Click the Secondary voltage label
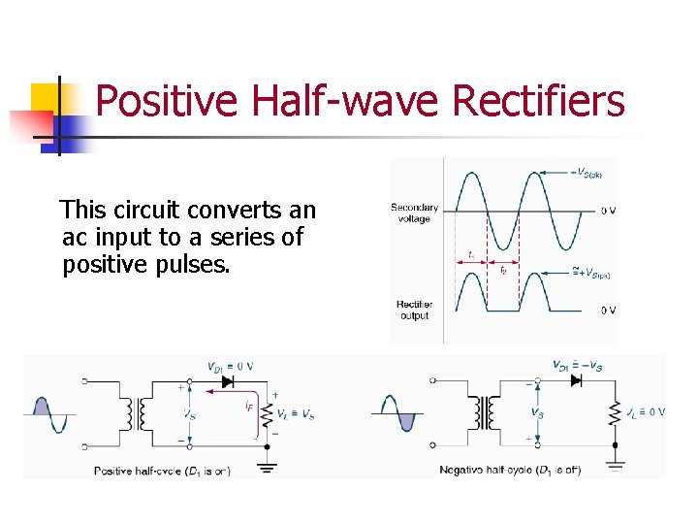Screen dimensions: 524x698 414,213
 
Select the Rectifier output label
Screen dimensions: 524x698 414,310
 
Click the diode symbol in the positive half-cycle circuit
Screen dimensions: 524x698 227,382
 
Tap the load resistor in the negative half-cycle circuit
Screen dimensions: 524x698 614,412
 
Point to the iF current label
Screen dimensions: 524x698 250,407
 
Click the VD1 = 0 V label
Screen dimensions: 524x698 230,366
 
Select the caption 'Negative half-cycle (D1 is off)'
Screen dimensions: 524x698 509,470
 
